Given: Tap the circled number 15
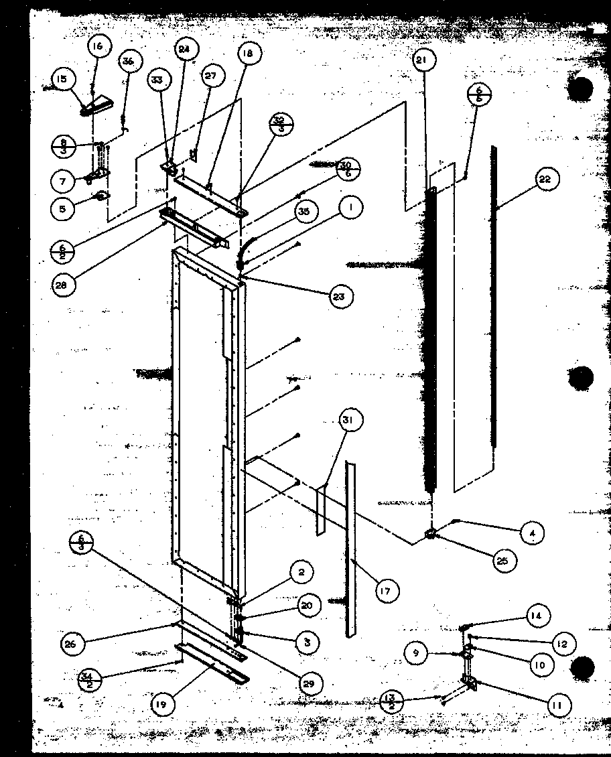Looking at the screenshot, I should point(62,80).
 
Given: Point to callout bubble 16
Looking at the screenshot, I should point(98,46).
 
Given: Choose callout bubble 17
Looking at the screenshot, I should point(387,590).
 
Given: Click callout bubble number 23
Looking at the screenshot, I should point(340,295).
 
